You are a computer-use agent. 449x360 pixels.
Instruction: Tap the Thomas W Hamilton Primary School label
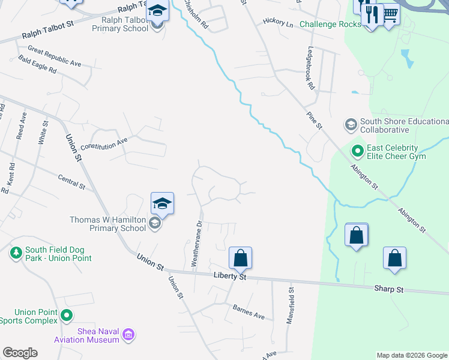click(108, 224)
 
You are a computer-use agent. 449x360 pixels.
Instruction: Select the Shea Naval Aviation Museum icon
click(128, 335)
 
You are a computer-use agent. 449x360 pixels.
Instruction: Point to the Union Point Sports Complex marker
click(67, 314)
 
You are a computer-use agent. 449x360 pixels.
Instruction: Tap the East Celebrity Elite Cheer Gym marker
click(358, 151)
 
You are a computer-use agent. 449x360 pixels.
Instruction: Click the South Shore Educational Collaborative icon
click(351, 125)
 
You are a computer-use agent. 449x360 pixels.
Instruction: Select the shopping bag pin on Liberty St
click(240, 258)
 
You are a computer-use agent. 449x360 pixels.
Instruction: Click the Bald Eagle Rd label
click(37, 65)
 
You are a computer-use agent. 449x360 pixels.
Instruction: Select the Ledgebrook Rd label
click(310, 69)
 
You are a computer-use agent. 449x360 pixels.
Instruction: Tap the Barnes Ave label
click(249, 311)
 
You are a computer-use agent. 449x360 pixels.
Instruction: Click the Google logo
click(20, 353)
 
